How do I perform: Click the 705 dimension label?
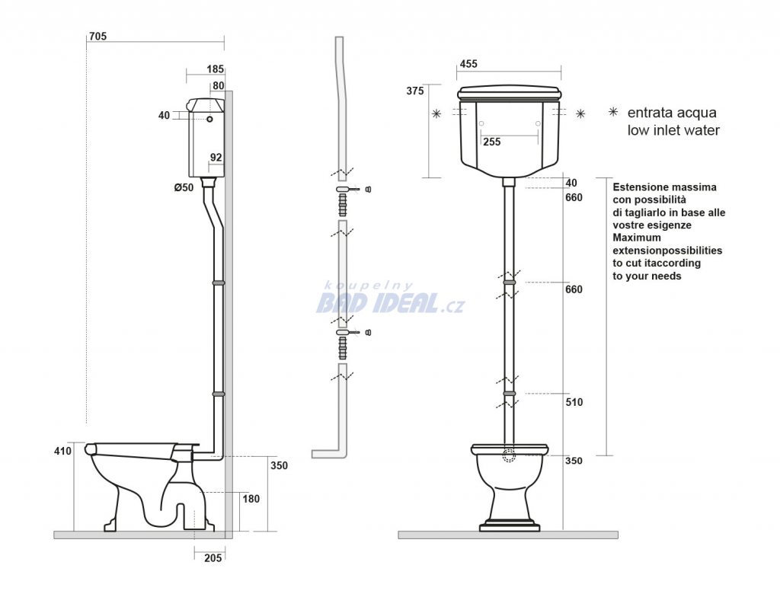[x=97, y=37]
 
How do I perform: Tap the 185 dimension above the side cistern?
[x=216, y=69]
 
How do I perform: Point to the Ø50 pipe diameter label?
[x=184, y=187]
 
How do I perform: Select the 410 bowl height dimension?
[x=62, y=452]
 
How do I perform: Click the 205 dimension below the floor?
[x=213, y=558]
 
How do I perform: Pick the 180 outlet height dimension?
[x=251, y=499]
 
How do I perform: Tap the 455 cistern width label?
[x=468, y=64]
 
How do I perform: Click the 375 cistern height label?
[x=415, y=91]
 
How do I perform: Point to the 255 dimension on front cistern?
[x=491, y=142]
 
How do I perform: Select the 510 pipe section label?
[x=574, y=402]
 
